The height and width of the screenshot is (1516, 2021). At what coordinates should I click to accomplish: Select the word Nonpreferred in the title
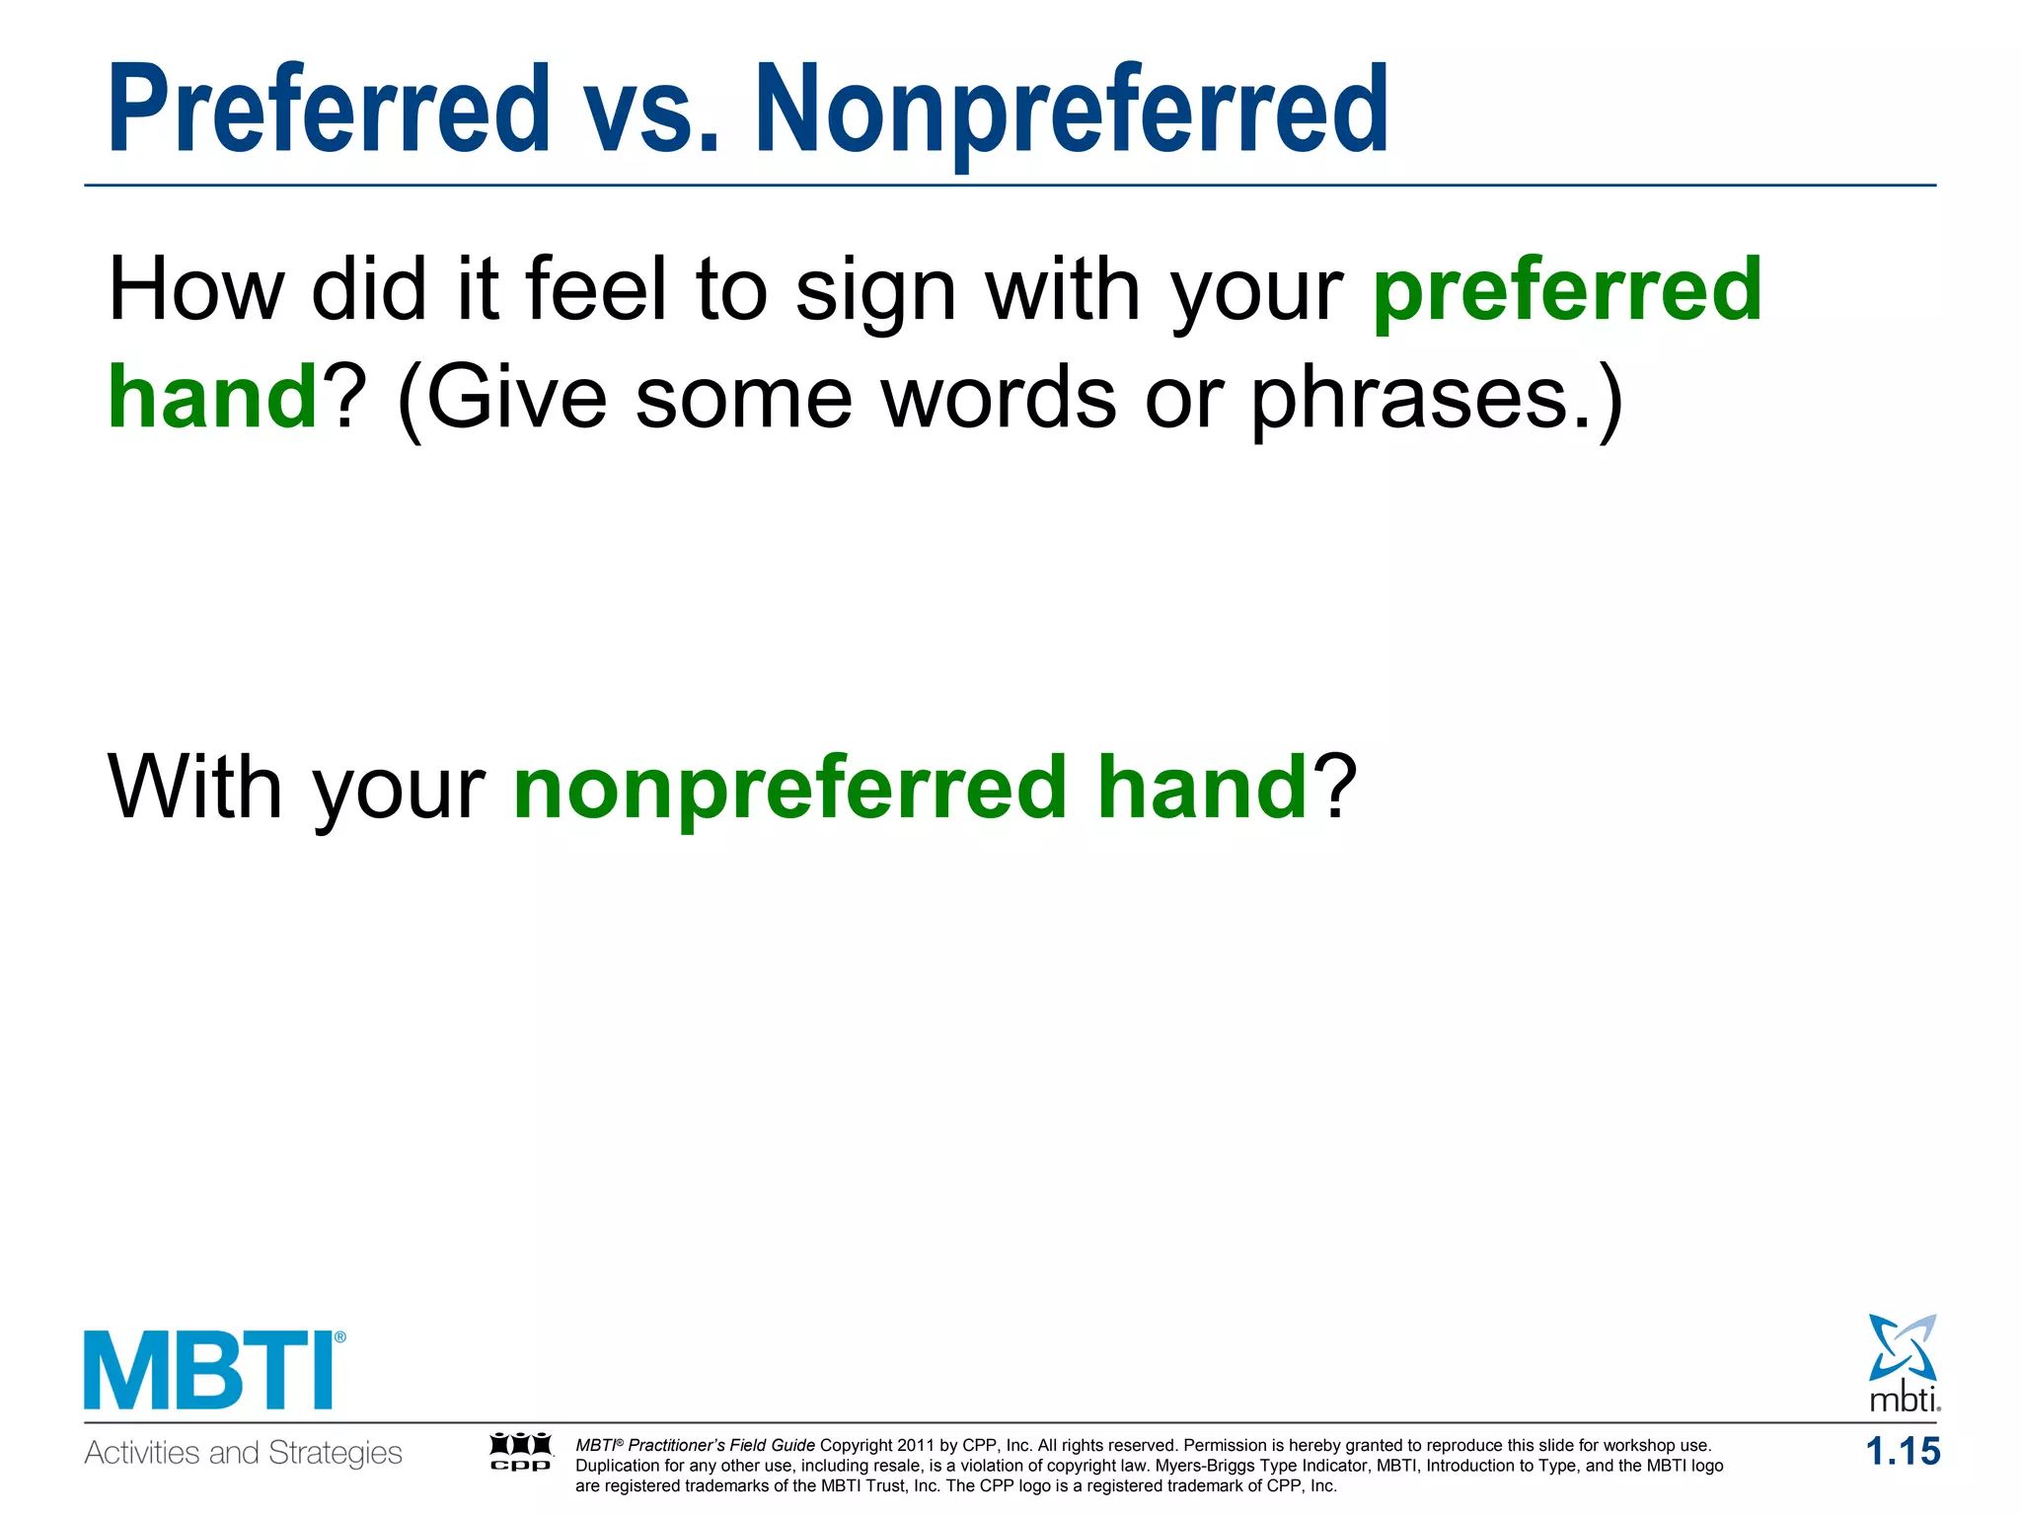tap(1072, 111)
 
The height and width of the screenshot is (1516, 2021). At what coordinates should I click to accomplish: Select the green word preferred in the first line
tap(1567, 291)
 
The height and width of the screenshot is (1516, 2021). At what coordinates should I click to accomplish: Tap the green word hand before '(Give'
tap(212, 397)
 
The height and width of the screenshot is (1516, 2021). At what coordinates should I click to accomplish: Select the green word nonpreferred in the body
tap(790, 790)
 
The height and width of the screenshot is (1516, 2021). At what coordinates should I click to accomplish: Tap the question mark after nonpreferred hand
tap(1335, 787)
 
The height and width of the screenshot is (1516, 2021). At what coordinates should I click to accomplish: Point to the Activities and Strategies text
tap(243, 1453)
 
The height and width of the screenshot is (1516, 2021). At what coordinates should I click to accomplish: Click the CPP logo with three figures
tap(521, 1452)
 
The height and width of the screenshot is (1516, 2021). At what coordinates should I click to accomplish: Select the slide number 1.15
tap(1903, 1452)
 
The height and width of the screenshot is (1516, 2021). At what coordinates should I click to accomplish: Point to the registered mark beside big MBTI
tap(340, 1338)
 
